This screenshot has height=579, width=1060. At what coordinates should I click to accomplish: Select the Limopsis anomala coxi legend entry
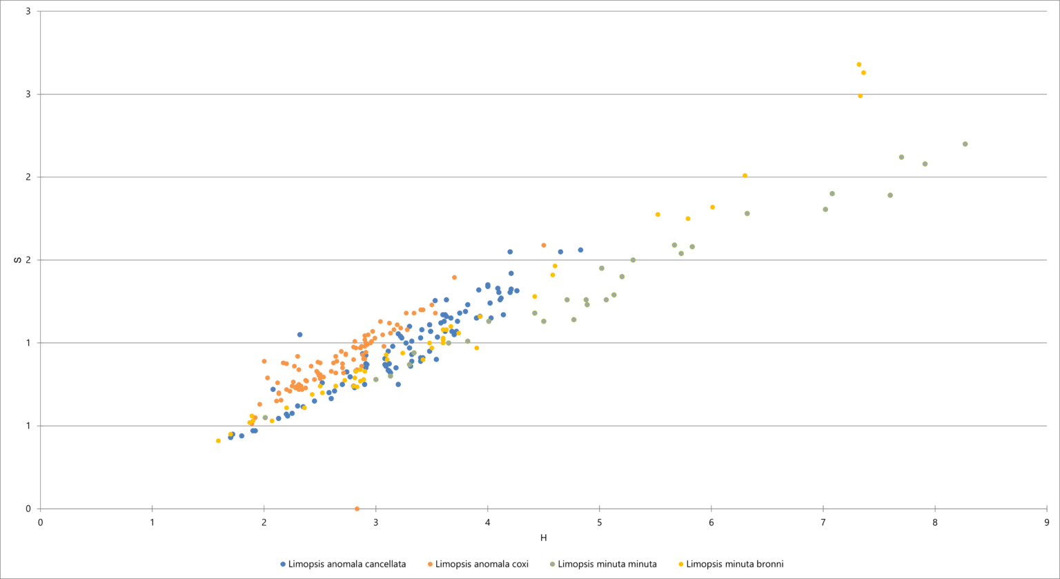[x=482, y=564]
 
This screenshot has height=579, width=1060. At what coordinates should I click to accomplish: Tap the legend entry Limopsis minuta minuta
[x=607, y=564]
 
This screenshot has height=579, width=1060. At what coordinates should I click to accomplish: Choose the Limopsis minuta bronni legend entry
[x=734, y=564]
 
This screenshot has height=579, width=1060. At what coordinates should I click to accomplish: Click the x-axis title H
[x=544, y=538]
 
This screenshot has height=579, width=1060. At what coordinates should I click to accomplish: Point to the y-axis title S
[x=19, y=260]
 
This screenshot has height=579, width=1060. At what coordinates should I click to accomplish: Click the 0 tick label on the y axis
[x=28, y=509]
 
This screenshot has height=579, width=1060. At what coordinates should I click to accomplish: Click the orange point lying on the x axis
[x=357, y=509]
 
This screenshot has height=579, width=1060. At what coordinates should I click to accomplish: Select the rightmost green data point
[x=965, y=144]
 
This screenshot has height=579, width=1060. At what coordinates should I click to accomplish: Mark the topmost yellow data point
[x=859, y=65]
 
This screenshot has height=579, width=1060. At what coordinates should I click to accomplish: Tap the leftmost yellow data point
[x=218, y=440]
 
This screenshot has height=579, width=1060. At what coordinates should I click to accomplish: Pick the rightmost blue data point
[x=580, y=250]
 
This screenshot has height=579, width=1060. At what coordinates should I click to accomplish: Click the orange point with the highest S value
[x=543, y=245]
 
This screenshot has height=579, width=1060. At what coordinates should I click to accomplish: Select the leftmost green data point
[x=265, y=418]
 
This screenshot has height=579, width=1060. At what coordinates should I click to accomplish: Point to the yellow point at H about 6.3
[x=745, y=176]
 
